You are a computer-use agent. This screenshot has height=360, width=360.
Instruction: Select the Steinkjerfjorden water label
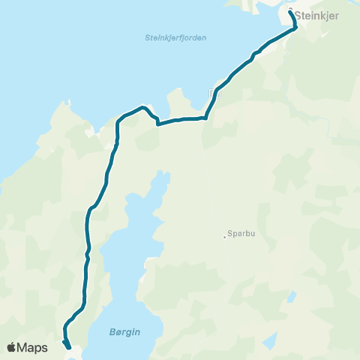click(x=175, y=37)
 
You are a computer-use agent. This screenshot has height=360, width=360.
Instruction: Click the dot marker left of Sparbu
click(x=224, y=238)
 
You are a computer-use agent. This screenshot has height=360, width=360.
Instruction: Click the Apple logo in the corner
click(x=12, y=347)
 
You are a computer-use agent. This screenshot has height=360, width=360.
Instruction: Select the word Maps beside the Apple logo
click(x=33, y=347)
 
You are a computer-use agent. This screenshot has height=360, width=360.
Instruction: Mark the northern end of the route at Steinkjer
click(x=290, y=11)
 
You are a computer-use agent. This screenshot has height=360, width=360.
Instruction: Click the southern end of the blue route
click(x=69, y=347)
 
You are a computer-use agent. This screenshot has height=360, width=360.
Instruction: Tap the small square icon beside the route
click(x=217, y=94)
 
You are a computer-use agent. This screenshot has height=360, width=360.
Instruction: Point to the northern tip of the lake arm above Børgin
click(x=159, y=174)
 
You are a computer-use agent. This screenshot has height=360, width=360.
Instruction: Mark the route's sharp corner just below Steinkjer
click(x=295, y=28)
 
